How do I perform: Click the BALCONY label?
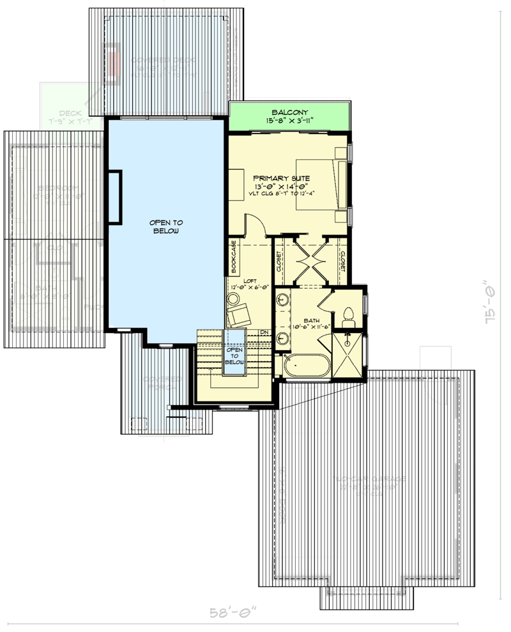[289, 111]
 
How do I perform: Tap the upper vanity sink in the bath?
[282, 298]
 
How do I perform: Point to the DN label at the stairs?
[264, 332]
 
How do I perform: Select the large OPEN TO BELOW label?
[166, 226]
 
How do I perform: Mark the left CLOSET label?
[279, 261]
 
